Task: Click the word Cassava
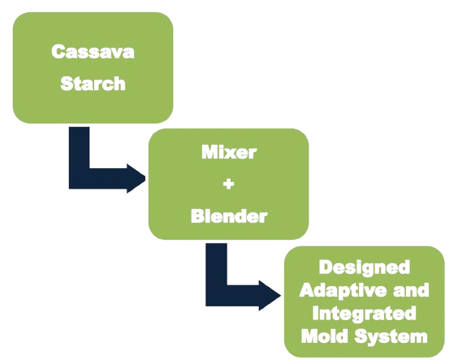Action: click(93, 52)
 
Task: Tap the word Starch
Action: click(93, 84)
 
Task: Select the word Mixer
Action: click(229, 152)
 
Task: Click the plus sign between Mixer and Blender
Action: click(228, 184)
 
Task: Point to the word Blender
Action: click(229, 216)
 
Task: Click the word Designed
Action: click(365, 268)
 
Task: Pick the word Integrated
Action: click(365, 314)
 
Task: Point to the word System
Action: click(391, 336)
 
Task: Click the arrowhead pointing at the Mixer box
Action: click(136, 178)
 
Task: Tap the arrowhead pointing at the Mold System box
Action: click(270, 296)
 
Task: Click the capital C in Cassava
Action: click(58, 52)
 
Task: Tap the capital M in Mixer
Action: click(210, 152)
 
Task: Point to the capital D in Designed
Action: click(326, 267)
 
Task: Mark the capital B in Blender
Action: click(197, 216)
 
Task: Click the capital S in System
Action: click(361, 336)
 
